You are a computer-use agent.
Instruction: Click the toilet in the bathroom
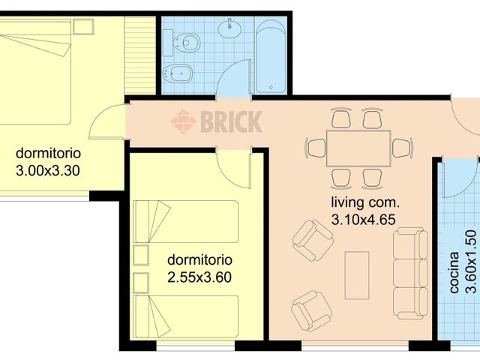[x=181, y=43]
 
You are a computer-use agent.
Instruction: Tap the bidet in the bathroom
[x=178, y=73]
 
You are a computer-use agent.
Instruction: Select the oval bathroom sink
[x=229, y=28]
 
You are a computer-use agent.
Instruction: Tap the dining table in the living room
[x=358, y=148]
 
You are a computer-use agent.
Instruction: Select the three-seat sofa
[x=410, y=273]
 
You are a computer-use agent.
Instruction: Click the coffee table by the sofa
[x=357, y=275]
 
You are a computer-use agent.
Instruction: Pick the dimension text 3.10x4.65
[x=363, y=220]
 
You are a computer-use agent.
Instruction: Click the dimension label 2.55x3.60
[x=199, y=277]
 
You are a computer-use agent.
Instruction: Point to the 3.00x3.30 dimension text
[x=48, y=171]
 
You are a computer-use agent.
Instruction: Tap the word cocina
[x=454, y=272]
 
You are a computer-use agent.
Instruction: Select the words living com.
[x=365, y=202]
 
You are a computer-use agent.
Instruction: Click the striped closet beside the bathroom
[x=140, y=55]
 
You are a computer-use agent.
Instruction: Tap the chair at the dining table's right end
[x=403, y=148]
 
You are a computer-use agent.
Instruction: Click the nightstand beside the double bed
[x=83, y=27]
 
